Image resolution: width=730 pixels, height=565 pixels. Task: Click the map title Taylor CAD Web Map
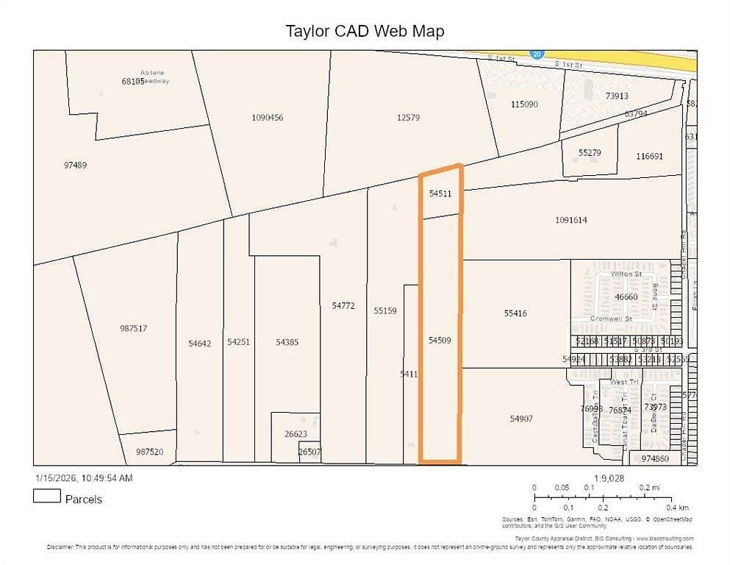click(365, 31)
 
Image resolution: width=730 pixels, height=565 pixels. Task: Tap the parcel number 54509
click(439, 340)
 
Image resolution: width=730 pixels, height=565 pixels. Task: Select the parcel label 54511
click(440, 193)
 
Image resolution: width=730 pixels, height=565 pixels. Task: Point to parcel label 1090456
click(267, 118)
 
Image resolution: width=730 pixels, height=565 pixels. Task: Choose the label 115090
click(524, 104)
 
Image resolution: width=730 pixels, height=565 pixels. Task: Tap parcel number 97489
click(75, 165)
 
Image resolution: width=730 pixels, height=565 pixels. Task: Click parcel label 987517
click(133, 328)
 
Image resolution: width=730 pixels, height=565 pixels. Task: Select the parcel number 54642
click(199, 343)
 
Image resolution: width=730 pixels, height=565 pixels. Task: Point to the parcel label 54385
click(287, 342)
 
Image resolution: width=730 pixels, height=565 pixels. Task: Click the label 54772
click(343, 305)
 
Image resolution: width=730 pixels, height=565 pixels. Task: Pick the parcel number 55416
click(515, 313)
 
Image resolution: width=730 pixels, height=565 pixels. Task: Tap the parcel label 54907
click(521, 419)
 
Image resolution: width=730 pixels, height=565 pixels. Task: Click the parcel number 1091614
click(571, 220)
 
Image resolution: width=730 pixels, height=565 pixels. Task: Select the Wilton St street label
click(626, 274)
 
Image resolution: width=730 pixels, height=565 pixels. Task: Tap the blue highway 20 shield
click(536, 53)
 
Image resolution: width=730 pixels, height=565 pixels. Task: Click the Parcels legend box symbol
click(46, 497)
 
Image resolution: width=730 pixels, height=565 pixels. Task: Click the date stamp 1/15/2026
click(54, 478)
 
